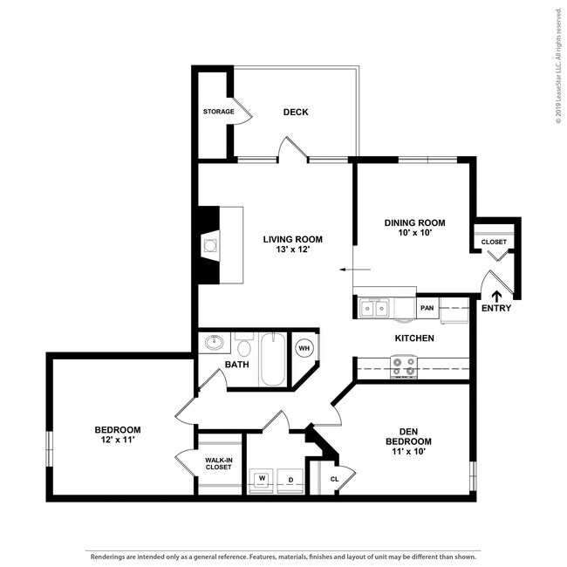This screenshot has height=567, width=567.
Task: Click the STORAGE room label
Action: (x=219, y=112)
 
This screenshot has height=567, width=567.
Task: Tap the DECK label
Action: (x=296, y=112)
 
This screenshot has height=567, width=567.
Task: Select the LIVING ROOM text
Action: (x=293, y=239)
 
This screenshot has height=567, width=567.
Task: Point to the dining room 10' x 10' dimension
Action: (x=414, y=234)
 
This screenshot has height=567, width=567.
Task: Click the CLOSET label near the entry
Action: (x=494, y=242)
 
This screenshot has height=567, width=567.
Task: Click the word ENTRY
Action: (x=496, y=308)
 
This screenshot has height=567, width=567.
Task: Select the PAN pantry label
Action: (x=427, y=308)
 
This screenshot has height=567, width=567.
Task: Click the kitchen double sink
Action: (x=376, y=307)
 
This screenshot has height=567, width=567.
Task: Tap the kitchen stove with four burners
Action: (x=403, y=367)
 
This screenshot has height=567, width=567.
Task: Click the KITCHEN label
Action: (x=414, y=338)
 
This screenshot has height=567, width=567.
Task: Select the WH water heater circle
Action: (x=304, y=347)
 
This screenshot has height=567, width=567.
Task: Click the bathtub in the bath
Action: (x=272, y=359)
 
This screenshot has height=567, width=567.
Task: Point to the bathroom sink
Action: (x=215, y=342)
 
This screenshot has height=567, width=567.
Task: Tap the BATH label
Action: (x=237, y=365)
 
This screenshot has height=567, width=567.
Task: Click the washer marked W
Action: (x=262, y=479)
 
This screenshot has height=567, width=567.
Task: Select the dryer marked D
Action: (x=290, y=479)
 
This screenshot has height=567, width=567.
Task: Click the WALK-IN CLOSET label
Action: (x=218, y=462)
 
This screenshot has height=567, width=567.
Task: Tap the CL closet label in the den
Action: (x=335, y=479)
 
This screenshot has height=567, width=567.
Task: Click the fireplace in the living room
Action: (x=209, y=246)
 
